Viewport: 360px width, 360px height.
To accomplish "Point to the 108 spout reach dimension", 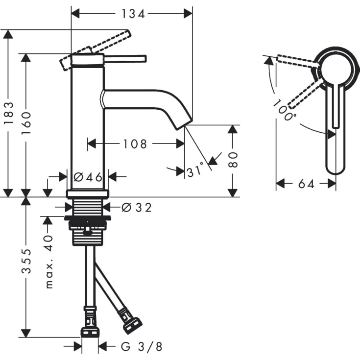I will [135, 144].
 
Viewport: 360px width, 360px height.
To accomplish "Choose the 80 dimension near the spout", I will [233, 160].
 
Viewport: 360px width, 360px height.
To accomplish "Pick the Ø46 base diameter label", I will [88, 177].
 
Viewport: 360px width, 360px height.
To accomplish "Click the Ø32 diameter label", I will [136, 208].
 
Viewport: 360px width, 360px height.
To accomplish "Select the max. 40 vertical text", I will [48, 262].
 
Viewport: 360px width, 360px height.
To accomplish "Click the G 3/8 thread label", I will [142, 347].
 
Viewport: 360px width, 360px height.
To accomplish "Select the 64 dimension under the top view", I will [306, 184].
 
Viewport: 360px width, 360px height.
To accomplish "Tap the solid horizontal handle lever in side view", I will [125, 59].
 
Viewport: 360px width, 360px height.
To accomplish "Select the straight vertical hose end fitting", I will [90, 323].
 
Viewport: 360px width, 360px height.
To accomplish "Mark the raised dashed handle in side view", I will [111, 42].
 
